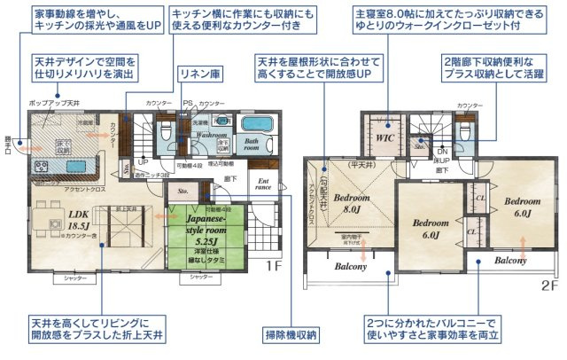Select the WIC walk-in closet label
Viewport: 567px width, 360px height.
(384, 139)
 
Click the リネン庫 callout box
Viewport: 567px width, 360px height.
(194, 74)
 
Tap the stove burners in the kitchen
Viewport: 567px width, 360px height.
(42, 166)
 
